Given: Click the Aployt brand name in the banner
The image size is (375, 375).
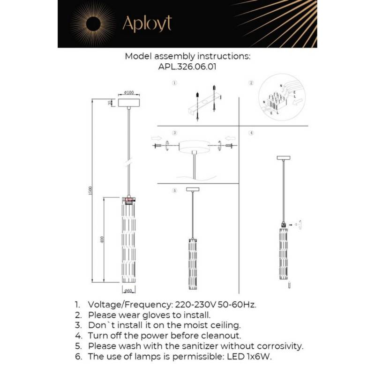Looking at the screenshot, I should tap(147, 23).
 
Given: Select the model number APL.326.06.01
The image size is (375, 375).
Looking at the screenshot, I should tap(187, 67).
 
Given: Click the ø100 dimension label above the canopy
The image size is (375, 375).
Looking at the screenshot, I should tap(129, 92).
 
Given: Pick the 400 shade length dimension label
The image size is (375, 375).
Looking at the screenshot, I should tap(102, 240).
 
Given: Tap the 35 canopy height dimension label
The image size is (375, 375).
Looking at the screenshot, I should tap(110, 103).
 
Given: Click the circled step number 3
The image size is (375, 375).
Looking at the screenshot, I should tap(174, 133).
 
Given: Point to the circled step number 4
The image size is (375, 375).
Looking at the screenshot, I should tap(251, 133).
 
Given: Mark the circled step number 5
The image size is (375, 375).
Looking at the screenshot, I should tap(174, 191).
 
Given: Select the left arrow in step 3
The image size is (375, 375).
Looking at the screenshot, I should tap(157, 139).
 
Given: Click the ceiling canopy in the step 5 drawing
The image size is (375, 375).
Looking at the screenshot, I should tap(192, 189).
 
